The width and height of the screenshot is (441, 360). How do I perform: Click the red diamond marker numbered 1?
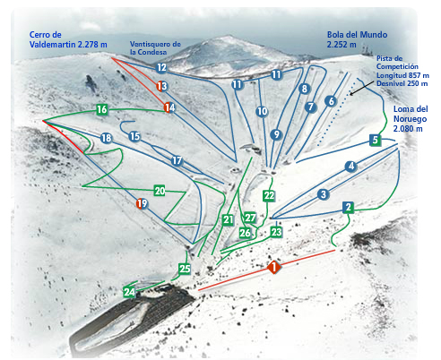(x=273, y=267)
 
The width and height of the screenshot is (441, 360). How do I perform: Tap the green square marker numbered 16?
(x=102, y=109)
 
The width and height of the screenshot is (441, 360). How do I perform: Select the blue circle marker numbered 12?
(x=161, y=67)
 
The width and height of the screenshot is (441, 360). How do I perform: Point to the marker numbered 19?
(x=142, y=203)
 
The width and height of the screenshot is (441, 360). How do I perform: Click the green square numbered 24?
(x=129, y=292)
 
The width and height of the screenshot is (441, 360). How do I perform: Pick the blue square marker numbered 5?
(x=375, y=140)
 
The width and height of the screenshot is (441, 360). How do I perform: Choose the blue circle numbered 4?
(x=351, y=167)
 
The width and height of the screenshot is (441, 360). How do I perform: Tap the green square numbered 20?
(x=160, y=191)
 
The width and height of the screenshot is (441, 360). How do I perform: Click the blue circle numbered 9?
(x=276, y=134)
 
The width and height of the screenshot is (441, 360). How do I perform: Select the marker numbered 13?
(x=162, y=86)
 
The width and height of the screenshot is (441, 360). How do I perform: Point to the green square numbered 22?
(x=269, y=196)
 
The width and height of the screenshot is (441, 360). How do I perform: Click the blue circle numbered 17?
(x=177, y=161)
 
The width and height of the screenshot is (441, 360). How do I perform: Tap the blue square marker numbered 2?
(x=349, y=207)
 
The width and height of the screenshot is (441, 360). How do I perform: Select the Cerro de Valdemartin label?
(x=68, y=39)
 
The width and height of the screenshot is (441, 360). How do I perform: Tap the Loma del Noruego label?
(x=411, y=119)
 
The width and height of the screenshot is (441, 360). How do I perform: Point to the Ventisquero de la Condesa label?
(x=155, y=48)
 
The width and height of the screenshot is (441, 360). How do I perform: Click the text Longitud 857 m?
(x=402, y=75)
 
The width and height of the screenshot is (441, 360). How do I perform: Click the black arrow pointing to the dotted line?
(x=361, y=88)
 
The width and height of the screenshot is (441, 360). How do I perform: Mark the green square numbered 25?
(x=185, y=269)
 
